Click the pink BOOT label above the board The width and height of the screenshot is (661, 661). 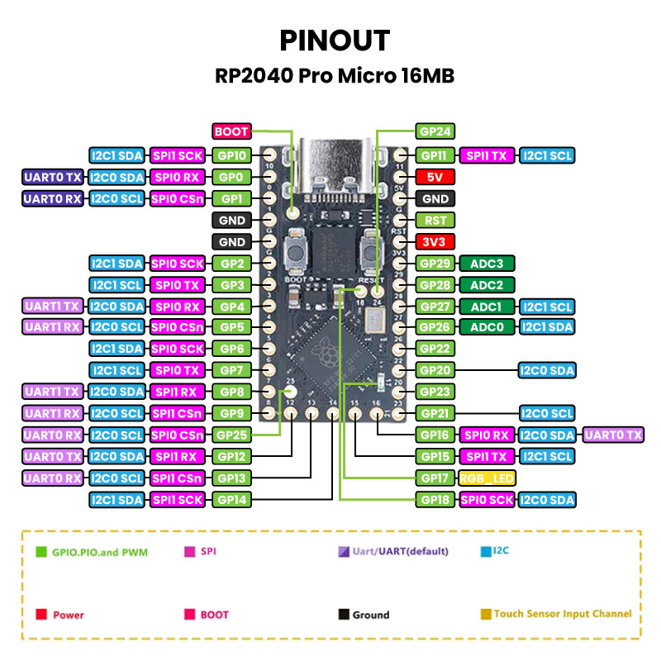(x=231, y=131)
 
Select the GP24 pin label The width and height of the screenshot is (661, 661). (x=435, y=131)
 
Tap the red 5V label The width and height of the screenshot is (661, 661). (x=435, y=177)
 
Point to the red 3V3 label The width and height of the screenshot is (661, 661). (x=435, y=242)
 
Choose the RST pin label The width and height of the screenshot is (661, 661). (x=435, y=221)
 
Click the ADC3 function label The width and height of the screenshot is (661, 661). (x=487, y=264)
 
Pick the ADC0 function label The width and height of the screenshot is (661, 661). (x=487, y=326)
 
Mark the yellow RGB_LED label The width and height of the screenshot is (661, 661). (x=487, y=478)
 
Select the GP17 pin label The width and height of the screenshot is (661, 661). (x=435, y=478)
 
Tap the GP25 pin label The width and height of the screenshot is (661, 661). (x=232, y=434)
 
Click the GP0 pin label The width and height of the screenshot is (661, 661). (x=232, y=177)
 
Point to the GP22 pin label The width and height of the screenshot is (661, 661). (x=435, y=349)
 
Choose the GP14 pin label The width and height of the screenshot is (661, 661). (x=232, y=499)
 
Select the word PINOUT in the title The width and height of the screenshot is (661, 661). (x=334, y=40)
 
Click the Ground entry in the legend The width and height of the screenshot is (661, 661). (x=364, y=615)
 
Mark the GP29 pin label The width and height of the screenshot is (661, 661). (x=435, y=264)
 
